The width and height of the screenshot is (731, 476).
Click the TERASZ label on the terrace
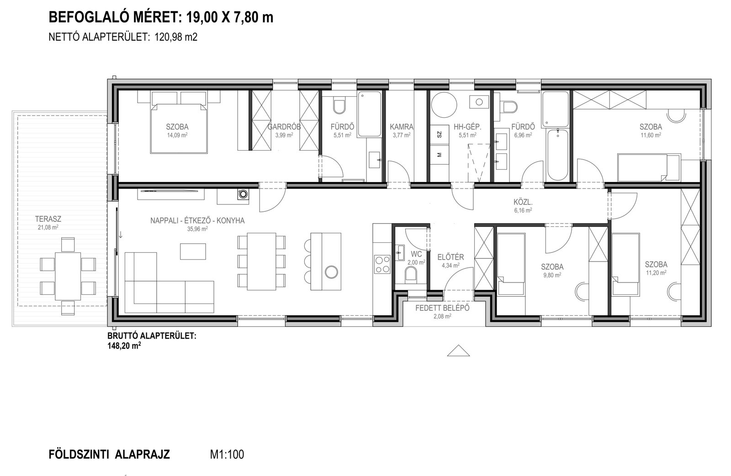click(x=48, y=220)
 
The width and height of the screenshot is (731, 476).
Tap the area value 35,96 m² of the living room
click(x=197, y=229)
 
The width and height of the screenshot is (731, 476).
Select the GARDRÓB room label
click(x=284, y=126)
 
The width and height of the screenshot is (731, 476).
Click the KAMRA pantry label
click(x=402, y=126)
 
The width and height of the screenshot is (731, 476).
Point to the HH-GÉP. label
click(x=467, y=126)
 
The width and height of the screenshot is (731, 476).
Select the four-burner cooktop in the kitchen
click(x=382, y=264)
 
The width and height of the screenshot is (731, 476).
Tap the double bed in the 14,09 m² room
click(x=179, y=122)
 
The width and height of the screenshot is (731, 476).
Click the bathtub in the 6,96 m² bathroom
click(x=558, y=155)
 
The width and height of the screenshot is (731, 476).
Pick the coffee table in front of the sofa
click(x=193, y=251)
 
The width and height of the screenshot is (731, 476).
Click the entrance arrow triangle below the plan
click(x=458, y=350)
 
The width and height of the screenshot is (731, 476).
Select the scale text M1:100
click(x=227, y=455)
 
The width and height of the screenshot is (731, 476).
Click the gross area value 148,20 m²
click(x=124, y=346)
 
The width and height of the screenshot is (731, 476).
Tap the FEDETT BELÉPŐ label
click(x=442, y=308)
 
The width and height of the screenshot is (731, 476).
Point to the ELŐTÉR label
click(x=450, y=257)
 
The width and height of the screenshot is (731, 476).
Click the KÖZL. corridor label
click(x=523, y=203)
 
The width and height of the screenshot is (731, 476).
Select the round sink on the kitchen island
click(x=331, y=272)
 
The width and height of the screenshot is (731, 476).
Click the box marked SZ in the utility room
click(x=439, y=134)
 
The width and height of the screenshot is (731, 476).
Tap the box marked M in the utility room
click(x=439, y=155)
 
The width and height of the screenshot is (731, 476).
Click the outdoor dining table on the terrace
click(x=68, y=276)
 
